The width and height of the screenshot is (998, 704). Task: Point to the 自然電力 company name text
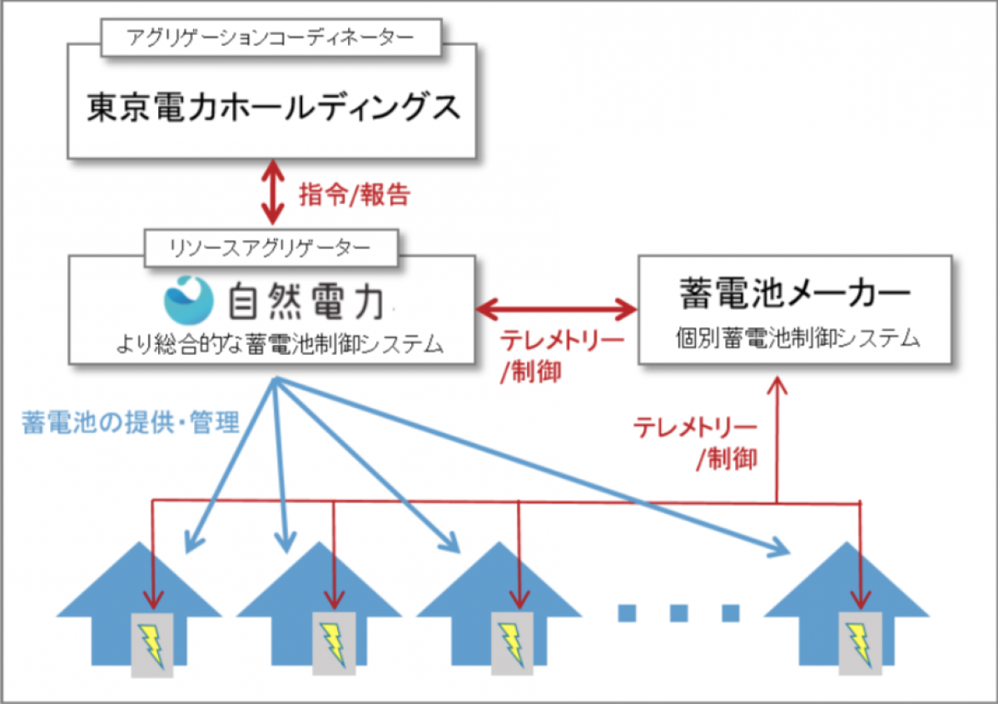(305, 302)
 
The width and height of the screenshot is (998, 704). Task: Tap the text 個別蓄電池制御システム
(794, 339)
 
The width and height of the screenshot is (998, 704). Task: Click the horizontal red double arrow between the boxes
(556, 310)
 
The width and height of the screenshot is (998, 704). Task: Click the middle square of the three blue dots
(678, 613)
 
